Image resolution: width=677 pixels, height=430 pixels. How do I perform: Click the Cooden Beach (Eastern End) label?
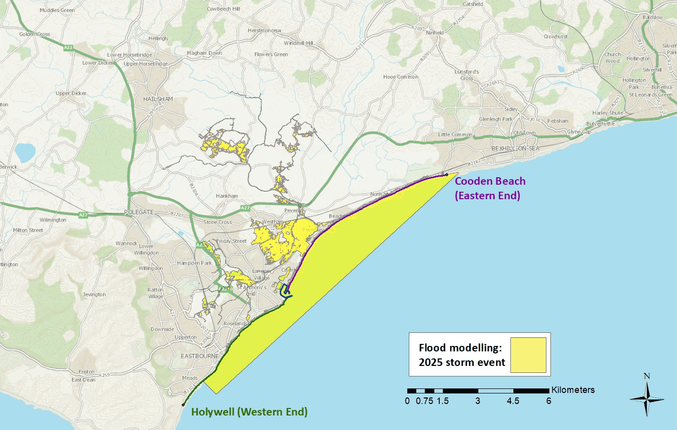click(x=490, y=188)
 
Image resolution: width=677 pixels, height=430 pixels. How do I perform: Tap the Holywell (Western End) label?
click(x=249, y=412)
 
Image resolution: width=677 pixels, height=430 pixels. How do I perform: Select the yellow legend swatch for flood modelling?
click(x=528, y=355)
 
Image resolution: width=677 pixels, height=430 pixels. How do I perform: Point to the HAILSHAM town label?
click(x=158, y=99)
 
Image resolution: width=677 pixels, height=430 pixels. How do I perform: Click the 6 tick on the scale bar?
click(x=548, y=400)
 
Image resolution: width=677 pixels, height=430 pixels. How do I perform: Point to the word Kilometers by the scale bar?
click(x=573, y=389)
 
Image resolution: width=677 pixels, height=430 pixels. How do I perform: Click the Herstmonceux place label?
click(x=265, y=31)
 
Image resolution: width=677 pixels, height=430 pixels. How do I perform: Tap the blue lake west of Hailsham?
click(x=25, y=151)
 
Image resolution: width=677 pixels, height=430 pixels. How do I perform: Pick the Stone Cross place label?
click(x=218, y=222)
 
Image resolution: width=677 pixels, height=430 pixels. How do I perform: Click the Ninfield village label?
click(x=434, y=33)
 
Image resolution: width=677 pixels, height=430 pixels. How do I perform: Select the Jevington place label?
click(x=94, y=294)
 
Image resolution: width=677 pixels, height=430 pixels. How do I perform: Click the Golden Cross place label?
click(x=35, y=35)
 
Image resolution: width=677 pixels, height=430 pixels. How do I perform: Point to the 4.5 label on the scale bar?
click(x=513, y=400)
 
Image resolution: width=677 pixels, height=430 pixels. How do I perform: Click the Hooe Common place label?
click(x=400, y=77)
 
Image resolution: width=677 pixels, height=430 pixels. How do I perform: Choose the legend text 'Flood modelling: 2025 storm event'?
click(x=462, y=354)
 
